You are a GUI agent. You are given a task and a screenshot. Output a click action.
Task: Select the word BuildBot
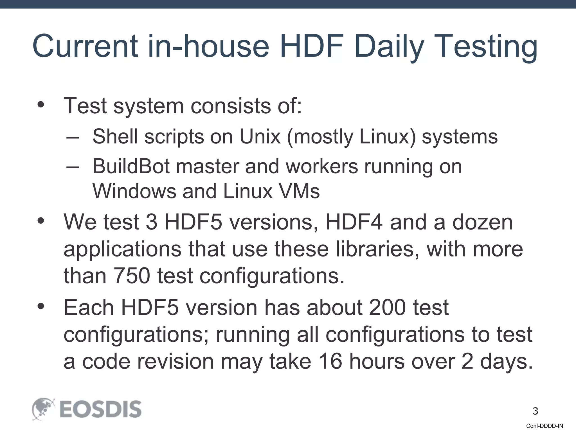(131, 166)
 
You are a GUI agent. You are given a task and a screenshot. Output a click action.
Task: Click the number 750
(132, 276)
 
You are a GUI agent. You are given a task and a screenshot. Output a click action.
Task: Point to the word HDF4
(354, 222)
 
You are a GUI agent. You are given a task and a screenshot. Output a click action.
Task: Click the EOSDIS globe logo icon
(43, 409)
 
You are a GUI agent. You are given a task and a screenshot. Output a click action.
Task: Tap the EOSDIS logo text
(100, 409)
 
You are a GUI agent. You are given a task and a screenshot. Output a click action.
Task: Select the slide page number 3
(535, 411)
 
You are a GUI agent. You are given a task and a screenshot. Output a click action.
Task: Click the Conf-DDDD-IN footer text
(544, 426)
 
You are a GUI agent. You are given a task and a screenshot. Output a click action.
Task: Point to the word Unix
(260, 137)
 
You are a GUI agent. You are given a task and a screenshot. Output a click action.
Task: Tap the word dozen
(482, 222)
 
